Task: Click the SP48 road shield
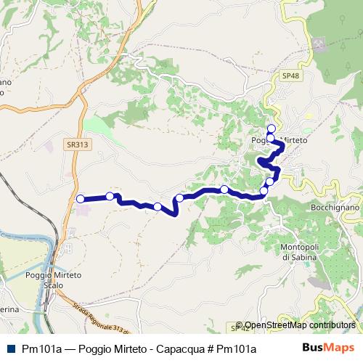tap(290, 75)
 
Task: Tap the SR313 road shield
tap(76, 144)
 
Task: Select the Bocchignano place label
tap(333, 208)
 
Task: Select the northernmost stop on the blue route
tap(272, 129)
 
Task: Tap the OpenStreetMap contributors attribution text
tap(300, 325)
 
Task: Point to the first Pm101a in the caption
tap(41, 349)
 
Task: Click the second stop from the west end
tap(110, 196)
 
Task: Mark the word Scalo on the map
tap(54, 285)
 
